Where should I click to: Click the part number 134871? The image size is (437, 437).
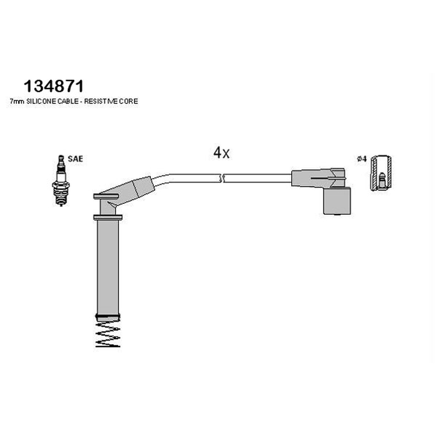coord(54,86)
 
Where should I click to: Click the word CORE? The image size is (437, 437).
coord(128,102)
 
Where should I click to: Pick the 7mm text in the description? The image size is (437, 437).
coord(17,102)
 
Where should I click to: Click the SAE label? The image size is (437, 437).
coord(75,159)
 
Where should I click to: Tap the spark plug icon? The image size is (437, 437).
coord(61,181)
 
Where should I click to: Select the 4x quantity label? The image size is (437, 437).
coord(221,153)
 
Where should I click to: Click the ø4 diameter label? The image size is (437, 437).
coord(362,159)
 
